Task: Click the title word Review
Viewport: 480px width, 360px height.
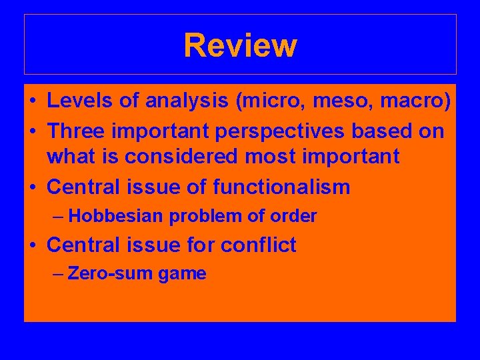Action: click(240, 45)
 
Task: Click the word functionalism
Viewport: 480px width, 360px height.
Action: click(281, 187)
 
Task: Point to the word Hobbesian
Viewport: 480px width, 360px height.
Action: click(117, 216)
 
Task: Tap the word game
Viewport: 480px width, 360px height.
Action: click(182, 274)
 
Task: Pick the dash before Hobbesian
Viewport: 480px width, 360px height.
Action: click(59, 217)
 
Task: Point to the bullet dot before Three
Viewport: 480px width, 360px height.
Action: click(33, 131)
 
